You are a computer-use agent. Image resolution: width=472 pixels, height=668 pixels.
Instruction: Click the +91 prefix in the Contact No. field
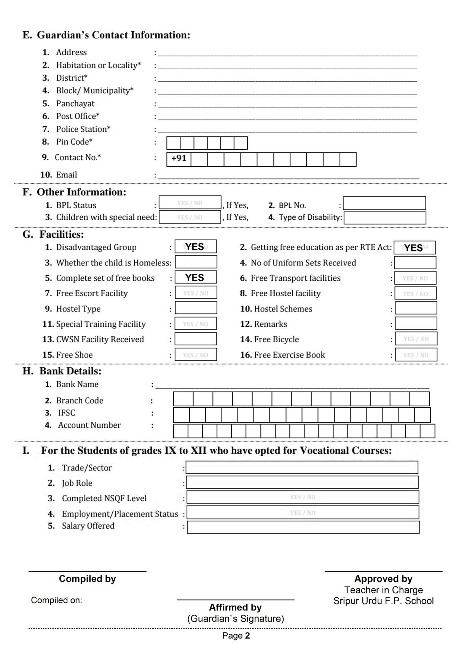tap(179, 159)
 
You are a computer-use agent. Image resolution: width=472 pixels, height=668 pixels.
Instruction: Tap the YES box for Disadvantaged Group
tap(196, 247)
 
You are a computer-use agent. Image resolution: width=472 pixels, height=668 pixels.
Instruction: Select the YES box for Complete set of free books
tap(196, 278)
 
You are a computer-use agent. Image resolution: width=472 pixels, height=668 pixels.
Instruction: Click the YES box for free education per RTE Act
tap(415, 248)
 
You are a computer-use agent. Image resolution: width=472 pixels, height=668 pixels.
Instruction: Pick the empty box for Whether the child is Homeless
tap(196, 262)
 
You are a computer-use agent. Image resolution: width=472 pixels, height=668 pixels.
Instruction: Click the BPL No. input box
tap(384, 204)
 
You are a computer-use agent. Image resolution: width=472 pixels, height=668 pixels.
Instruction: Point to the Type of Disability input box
tap(384, 218)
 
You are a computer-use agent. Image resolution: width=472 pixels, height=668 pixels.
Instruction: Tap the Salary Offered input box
tap(303, 527)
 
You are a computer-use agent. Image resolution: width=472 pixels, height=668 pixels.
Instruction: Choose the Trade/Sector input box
tap(302, 468)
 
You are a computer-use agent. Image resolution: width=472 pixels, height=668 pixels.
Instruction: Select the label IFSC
tap(67, 413)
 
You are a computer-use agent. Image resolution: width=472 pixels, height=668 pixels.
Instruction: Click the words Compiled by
tap(87, 579)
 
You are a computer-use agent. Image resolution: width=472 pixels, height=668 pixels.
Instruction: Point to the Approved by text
tap(383, 579)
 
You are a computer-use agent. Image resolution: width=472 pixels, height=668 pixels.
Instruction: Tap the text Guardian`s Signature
tap(236, 619)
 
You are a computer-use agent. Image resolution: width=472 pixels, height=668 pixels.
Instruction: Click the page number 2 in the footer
tap(247, 636)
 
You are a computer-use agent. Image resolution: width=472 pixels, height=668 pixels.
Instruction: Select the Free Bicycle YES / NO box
tap(416, 339)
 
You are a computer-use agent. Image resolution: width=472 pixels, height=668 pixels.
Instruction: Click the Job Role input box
tap(302, 483)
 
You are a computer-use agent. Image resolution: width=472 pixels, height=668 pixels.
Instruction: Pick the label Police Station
tap(83, 129)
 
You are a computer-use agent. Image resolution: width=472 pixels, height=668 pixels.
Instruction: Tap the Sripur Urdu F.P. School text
tap(383, 601)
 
